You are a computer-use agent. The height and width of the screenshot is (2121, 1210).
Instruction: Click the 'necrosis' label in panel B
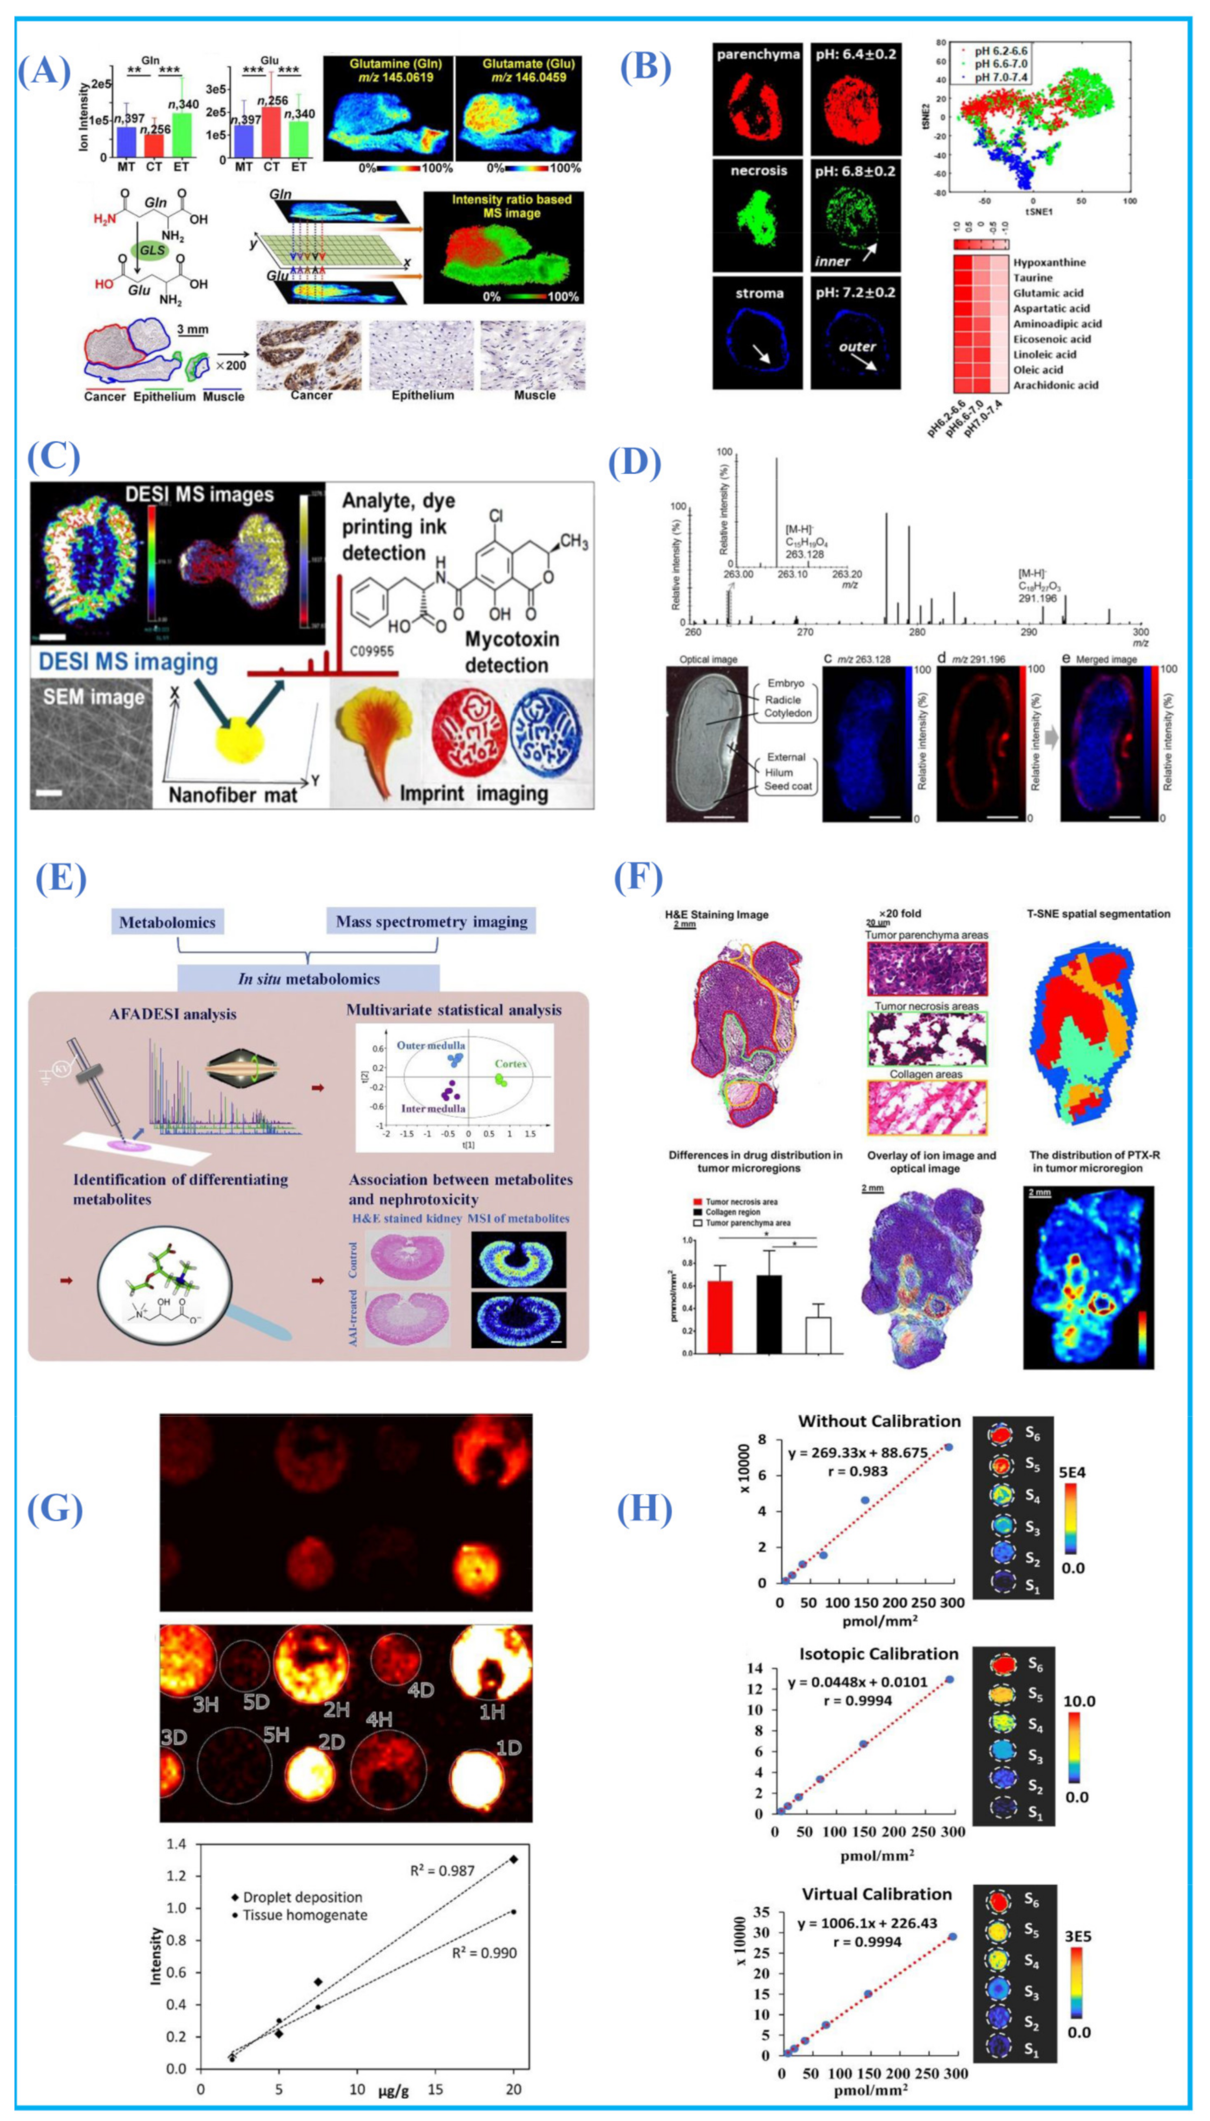click(x=758, y=171)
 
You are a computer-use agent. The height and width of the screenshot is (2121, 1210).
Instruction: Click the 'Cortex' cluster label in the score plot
click(x=510, y=1064)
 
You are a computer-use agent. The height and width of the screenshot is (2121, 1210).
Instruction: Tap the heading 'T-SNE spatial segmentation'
click(x=1099, y=914)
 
